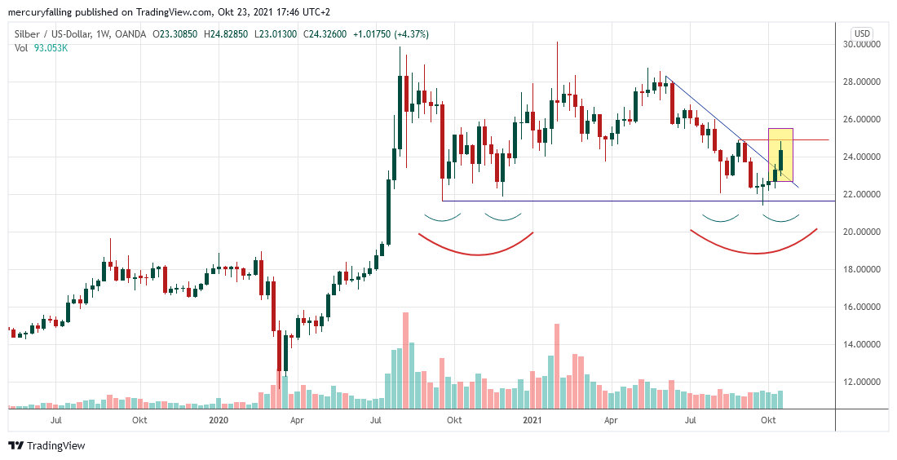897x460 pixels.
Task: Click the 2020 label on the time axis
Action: (218, 421)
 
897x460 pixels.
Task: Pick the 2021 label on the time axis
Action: (532, 421)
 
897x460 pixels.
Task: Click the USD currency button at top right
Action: (862, 33)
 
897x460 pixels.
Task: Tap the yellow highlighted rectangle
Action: (780, 155)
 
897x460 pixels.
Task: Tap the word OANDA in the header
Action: (130, 34)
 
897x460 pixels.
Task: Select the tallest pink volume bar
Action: (405, 359)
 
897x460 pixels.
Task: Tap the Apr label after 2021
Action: (611, 421)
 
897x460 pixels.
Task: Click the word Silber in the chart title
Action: (29, 34)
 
